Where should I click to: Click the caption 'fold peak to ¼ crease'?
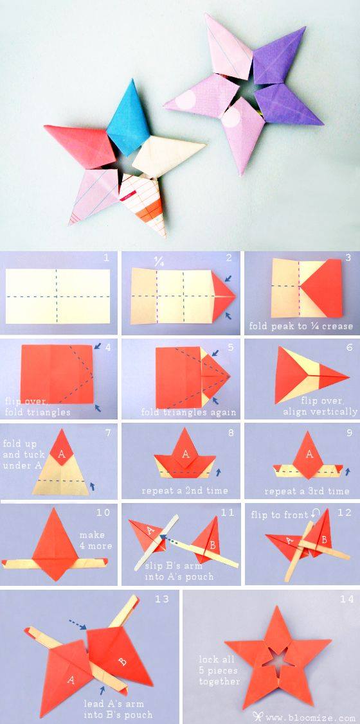[x=301, y=326]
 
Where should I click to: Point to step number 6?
[x=348, y=347]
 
